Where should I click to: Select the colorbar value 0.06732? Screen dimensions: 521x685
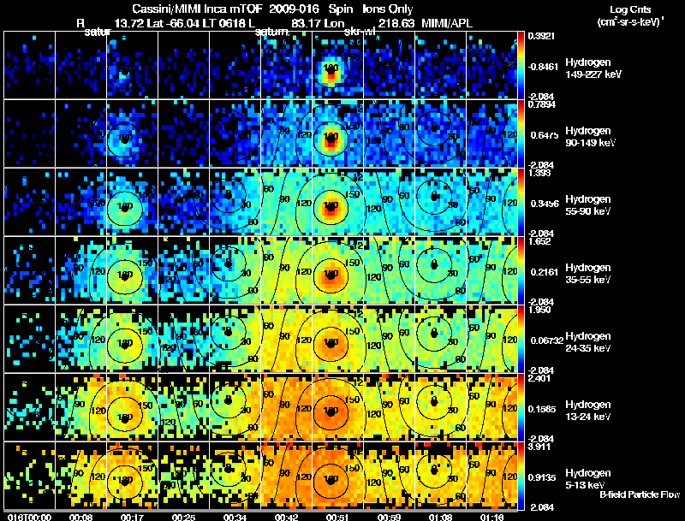[x=542, y=340]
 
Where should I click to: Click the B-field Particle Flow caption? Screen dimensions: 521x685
[x=640, y=494]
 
